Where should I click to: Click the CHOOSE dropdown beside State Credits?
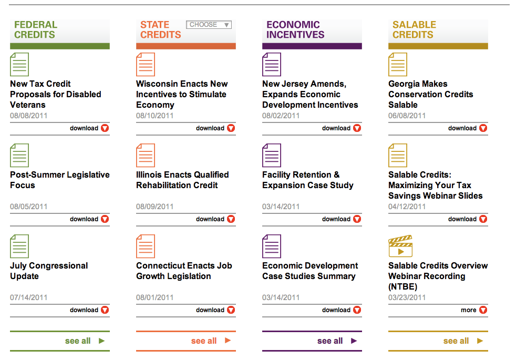coord(209,25)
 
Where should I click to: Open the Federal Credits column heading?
coord(35,30)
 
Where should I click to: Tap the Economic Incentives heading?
coord(293,30)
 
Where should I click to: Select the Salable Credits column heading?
coord(414,30)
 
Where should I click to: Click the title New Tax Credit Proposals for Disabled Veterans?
coord(55,94)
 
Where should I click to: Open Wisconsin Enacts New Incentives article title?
coord(182,94)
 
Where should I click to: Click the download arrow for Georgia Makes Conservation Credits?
coord(483,128)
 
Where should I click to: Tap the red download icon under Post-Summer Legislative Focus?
coord(105,219)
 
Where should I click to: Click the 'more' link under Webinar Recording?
coord(469,310)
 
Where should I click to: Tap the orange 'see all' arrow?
coord(228,341)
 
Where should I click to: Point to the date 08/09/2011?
coord(154,207)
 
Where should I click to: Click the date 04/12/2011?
coord(407,207)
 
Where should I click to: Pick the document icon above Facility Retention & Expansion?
coord(271,156)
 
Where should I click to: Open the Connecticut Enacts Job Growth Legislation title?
coord(184,271)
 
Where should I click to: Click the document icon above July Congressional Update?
coord(19,246)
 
